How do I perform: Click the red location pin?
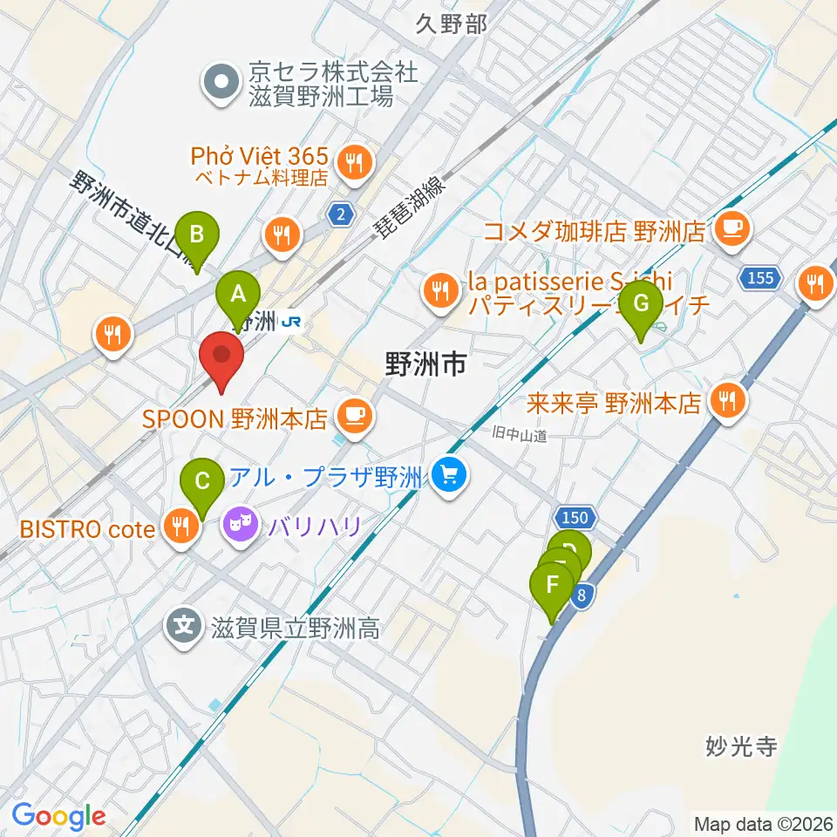[x=221, y=360]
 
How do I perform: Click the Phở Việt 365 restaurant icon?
[x=355, y=160]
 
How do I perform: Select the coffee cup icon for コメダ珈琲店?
[x=729, y=229]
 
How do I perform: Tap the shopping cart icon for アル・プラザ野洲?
[x=450, y=475]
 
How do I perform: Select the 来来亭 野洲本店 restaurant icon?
[x=726, y=401]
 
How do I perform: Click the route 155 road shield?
[x=759, y=278]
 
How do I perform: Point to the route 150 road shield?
[x=575, y=518]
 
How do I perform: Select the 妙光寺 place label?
[x=741, y=746]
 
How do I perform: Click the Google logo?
[x=58, y=816]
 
